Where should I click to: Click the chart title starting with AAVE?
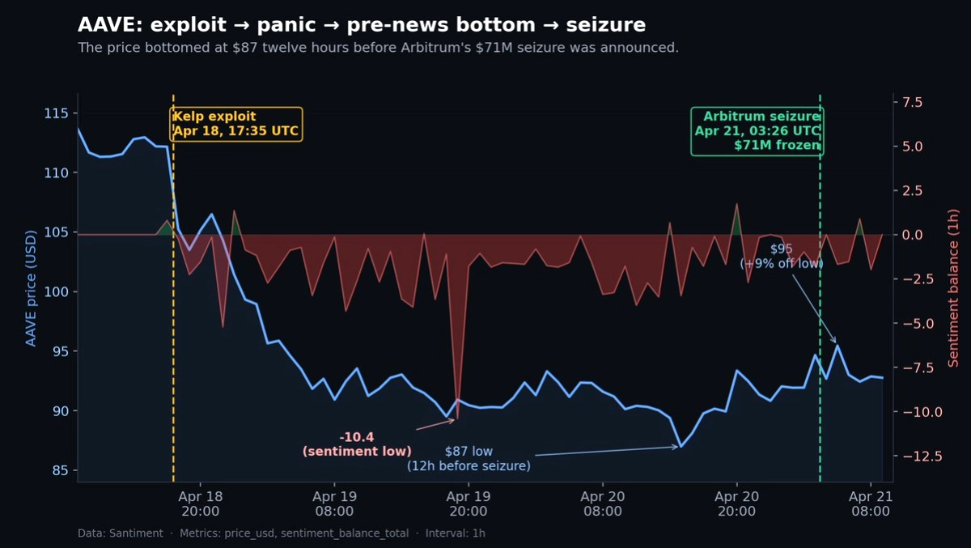(362, 25)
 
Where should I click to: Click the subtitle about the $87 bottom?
(378, 48)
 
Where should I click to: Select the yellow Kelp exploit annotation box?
(236, 124)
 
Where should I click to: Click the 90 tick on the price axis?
(60, 411)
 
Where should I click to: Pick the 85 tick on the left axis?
(60, 471)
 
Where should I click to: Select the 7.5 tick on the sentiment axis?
(912, 102)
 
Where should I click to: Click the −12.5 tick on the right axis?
(919, 457)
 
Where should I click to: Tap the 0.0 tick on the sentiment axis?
(912, 235)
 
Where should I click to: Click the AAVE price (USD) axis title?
(31, 287)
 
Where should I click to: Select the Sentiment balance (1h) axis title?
(953, 287)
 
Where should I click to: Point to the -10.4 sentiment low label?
(357, 444)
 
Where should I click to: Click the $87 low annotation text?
(469, 458)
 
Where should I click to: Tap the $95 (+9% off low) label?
(781, 256)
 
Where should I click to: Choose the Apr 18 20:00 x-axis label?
(200, 503)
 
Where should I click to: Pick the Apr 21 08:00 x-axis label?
(870, 503)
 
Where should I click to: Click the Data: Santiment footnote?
(281, 533)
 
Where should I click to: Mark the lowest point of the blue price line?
(681, 447)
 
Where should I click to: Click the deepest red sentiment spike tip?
(458, 418)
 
